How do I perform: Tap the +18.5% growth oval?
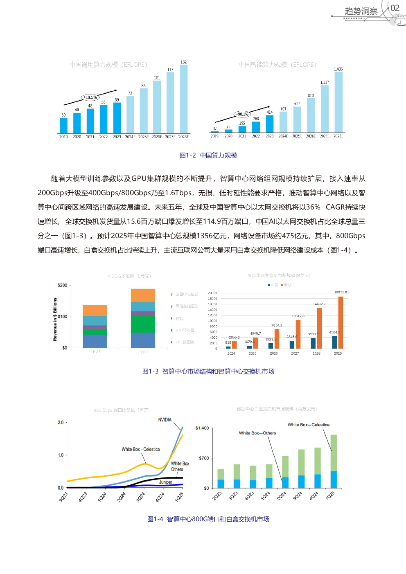[x=90, y=97]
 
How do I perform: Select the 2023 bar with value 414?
[x=270, y=124]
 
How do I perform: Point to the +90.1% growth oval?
[x=242, y=114]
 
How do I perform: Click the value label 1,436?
[x=338, y=69]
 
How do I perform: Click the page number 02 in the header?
[x=395, y=8]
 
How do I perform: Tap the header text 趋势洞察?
[x=361, y=11]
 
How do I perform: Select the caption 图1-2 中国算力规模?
[x=208, y=155]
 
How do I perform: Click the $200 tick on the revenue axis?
[x=63, y=285]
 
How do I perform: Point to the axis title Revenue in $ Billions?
[x=55, y=320]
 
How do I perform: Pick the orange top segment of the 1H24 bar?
[x=143, y=295]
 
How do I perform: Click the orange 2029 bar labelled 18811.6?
[x=341, y=322]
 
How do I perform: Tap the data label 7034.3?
[x=277, y=325]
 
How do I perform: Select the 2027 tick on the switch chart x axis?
[x=295, y=353]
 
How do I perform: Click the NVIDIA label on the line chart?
[x=165, y=420]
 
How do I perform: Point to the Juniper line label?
[x=166, y=482]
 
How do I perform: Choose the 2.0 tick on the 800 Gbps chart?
[x=61, y=423]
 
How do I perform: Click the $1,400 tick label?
[x=202, y=428]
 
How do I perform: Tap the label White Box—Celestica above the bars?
[x=308, y=425]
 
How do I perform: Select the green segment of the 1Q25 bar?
[x=334, y=452]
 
